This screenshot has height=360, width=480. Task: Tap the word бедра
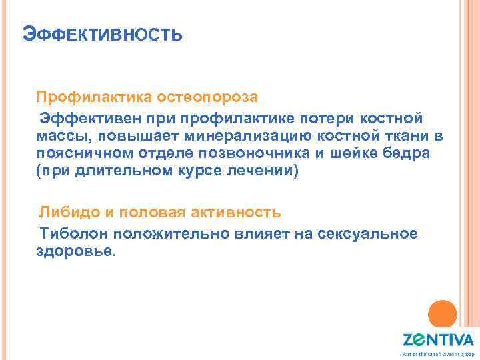pos(407,153)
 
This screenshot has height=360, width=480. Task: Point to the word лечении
pos(265,171)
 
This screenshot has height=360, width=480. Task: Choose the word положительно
pos(174,234)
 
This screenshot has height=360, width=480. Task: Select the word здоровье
pos(75,251)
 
